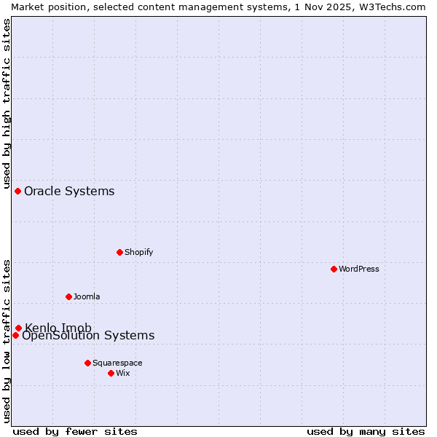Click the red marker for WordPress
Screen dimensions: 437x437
(334, 269)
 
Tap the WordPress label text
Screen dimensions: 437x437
(359, 269)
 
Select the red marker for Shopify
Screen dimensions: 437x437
(119, 252)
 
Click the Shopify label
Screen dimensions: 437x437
(139, 252)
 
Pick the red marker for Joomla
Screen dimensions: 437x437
(68, 296)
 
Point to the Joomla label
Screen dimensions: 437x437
(87, 296)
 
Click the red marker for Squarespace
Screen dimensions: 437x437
(87, 363)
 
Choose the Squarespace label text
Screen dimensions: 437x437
(117, 363)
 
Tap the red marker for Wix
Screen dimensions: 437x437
(111, 373)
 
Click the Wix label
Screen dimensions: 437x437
(123, 373)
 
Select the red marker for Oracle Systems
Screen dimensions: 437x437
(17, 191)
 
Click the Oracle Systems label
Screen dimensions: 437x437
(69, 192)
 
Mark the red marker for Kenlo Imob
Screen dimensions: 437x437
(18, 328)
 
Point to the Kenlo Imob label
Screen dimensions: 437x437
(58, 328)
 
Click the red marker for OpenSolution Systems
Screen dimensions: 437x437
(15, 335)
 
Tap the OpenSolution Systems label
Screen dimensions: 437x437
(88, 336)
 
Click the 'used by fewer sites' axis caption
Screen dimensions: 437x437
(75, 431)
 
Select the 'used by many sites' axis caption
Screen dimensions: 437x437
(366, 431)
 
